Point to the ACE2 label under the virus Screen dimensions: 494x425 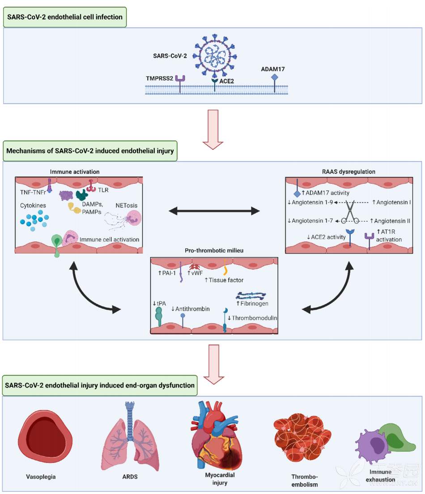click(x=228, y=81)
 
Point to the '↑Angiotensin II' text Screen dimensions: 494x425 click(x=391, y=221)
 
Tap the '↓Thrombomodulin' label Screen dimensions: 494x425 click(x=253, y=318)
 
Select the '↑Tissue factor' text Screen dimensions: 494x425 click(x=224, y=280)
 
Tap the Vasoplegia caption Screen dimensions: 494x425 click(x=41, y=477)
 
